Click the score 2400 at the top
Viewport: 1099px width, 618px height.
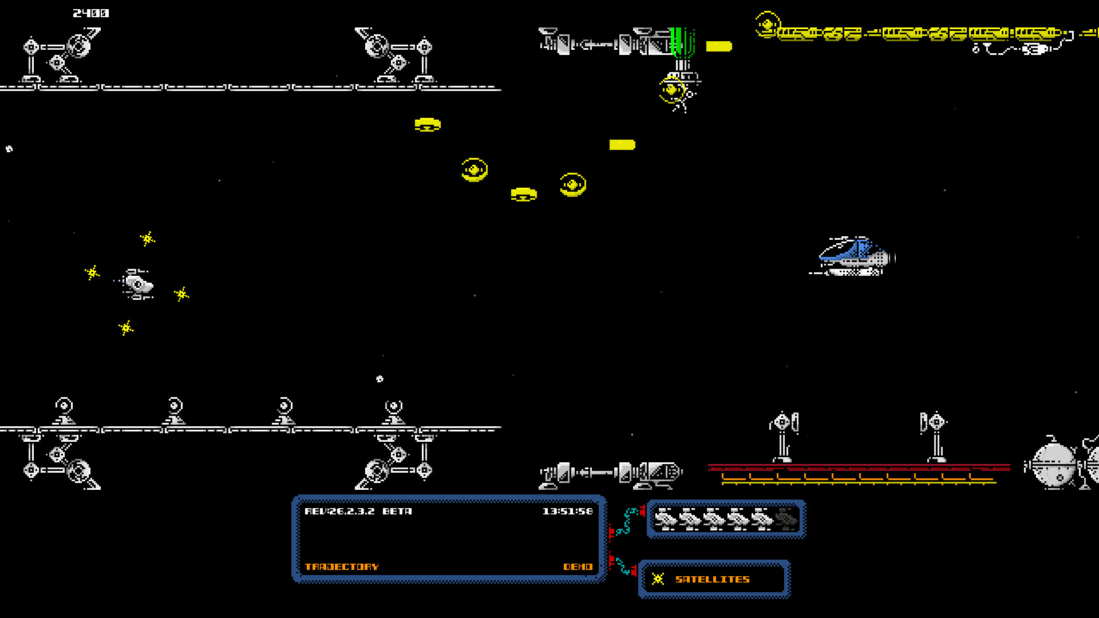(x=90, y=13)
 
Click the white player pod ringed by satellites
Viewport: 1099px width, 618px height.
(x=138, y=284)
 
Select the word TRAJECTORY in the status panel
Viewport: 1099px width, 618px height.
(x=341, y=566)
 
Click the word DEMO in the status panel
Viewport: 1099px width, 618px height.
(x=578, y=566)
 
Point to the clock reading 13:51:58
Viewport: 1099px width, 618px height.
(x=567, y=511)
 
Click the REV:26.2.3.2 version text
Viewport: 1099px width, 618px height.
(x=339, y=511)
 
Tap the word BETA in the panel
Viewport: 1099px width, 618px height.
(x=397, y=511)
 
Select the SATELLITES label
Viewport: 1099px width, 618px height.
(x=712, y=579)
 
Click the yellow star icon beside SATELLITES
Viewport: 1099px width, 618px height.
(x=658, y=579)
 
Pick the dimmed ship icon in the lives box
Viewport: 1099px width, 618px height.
(x=786, y=520)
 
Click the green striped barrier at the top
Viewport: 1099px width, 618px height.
(x=681, y=41)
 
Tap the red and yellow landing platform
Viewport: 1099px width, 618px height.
(x=859, y=474)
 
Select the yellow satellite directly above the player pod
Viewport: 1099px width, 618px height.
(x=148, y=239)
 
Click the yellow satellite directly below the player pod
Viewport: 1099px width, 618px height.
(x=126, y=328)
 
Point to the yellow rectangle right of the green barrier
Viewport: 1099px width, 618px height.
(x=718, y=46)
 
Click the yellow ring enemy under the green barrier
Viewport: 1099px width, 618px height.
(x=672, y=90)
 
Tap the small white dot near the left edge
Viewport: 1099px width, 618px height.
(x=9, y=149)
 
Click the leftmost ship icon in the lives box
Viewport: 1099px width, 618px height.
(x=666, y=520)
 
